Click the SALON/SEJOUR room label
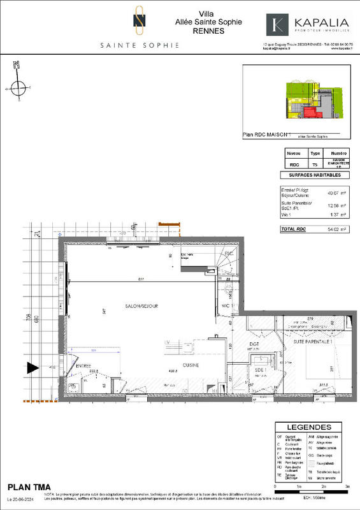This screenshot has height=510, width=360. pos(141,306)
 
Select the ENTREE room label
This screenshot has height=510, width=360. pos(83,366)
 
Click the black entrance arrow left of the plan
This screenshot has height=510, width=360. pos(32,368)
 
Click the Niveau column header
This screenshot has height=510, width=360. pos(294,154)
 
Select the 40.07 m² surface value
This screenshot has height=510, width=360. pos(333,193)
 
